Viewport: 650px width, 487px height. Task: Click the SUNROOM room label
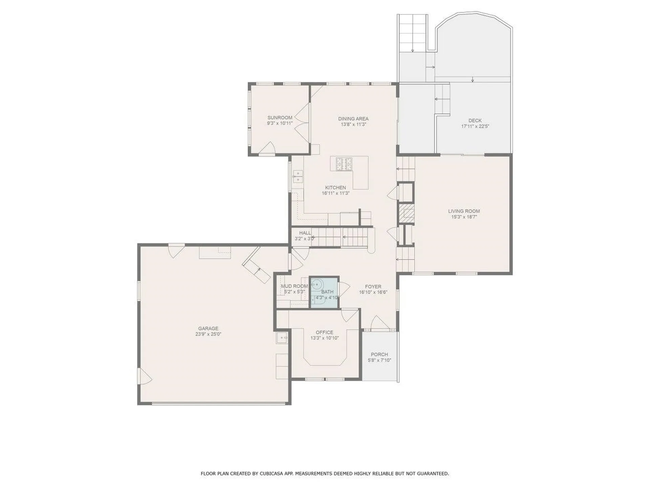(280, 118)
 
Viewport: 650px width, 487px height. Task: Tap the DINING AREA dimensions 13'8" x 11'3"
(353, 124)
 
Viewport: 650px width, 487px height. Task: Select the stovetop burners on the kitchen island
(344, 164)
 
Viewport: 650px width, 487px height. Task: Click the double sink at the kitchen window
(298, 177)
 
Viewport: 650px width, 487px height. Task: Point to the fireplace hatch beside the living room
(406, 213)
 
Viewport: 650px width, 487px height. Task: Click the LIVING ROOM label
(464, 211)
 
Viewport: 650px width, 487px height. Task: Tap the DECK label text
(475, 120)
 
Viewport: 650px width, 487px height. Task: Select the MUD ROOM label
(294, 286)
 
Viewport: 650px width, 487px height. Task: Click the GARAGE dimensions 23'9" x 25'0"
(208, 334)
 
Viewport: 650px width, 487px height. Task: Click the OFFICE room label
(324, 332)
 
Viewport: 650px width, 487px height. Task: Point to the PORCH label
(379, 354)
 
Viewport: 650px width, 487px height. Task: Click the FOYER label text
(373, 286)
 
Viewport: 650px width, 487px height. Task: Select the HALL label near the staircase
(305, 233)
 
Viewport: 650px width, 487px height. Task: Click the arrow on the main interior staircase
(344, 237)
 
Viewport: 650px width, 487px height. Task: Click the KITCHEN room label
(335, 187)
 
